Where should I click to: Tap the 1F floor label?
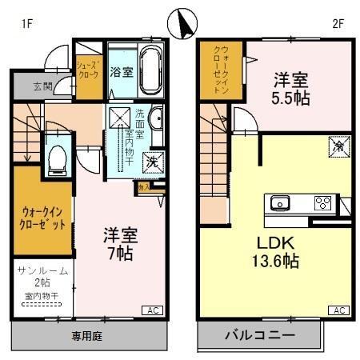[x=26, y=23]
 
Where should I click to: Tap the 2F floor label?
[x=337, y=23]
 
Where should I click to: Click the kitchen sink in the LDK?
[x=279, y=202]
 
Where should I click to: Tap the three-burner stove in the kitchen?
[x=322, y=202]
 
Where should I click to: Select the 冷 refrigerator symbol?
[x=338, y=146]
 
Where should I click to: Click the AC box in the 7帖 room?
[x=150, y=310]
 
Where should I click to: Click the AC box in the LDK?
[x=338, y=310]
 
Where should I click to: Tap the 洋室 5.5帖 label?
[x=294, y=89]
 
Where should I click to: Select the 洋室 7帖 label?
[x=120, y=245]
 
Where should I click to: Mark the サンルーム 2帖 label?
[x=42, y=278]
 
